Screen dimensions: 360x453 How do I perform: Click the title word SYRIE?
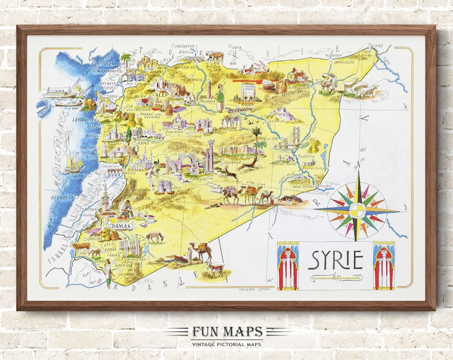click(x=335, y=259)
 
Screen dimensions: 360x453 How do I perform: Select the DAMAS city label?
click(x=120, y=227)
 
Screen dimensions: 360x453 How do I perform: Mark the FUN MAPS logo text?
click(x=226, y=332)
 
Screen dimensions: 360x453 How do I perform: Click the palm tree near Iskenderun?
click(x=125, y=61)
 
